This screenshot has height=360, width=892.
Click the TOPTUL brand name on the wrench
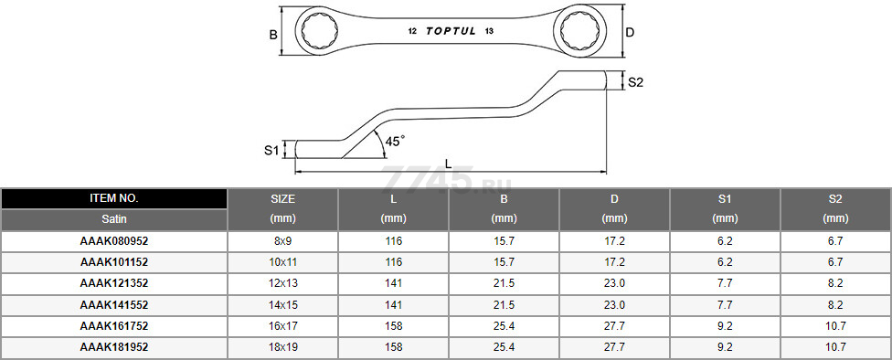(x=451, y=32)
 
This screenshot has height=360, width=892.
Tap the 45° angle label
(x=395, y=141)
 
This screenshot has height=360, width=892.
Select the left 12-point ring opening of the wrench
(x=319, y=31)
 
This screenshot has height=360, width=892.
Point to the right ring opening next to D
(x=579, y=31)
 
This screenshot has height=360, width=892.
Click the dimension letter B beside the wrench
(x=273, y=35)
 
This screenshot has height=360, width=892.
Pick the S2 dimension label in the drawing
(x=635, y=82)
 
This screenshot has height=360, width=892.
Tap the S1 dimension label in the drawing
(x=271, y=151)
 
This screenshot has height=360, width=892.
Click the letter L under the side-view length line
(x=448, y=164)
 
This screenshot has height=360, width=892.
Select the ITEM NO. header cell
(x=113, y=198)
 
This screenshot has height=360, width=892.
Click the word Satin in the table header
(x=113, y=219)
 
